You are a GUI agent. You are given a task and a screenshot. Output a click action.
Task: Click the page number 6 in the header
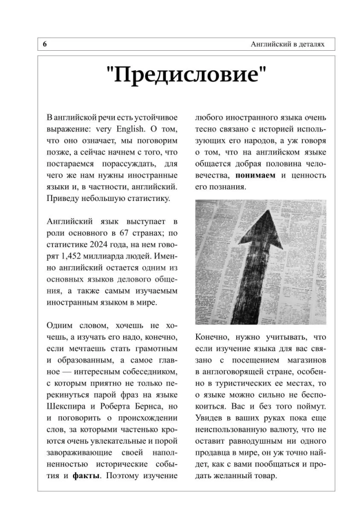pyautogui.click(x=45, y=44)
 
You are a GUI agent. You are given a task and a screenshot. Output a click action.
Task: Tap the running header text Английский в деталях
pyautogui.click(x=288, y=44)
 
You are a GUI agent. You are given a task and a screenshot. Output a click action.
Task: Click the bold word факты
pyautogui.click(x=87, y=475)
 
